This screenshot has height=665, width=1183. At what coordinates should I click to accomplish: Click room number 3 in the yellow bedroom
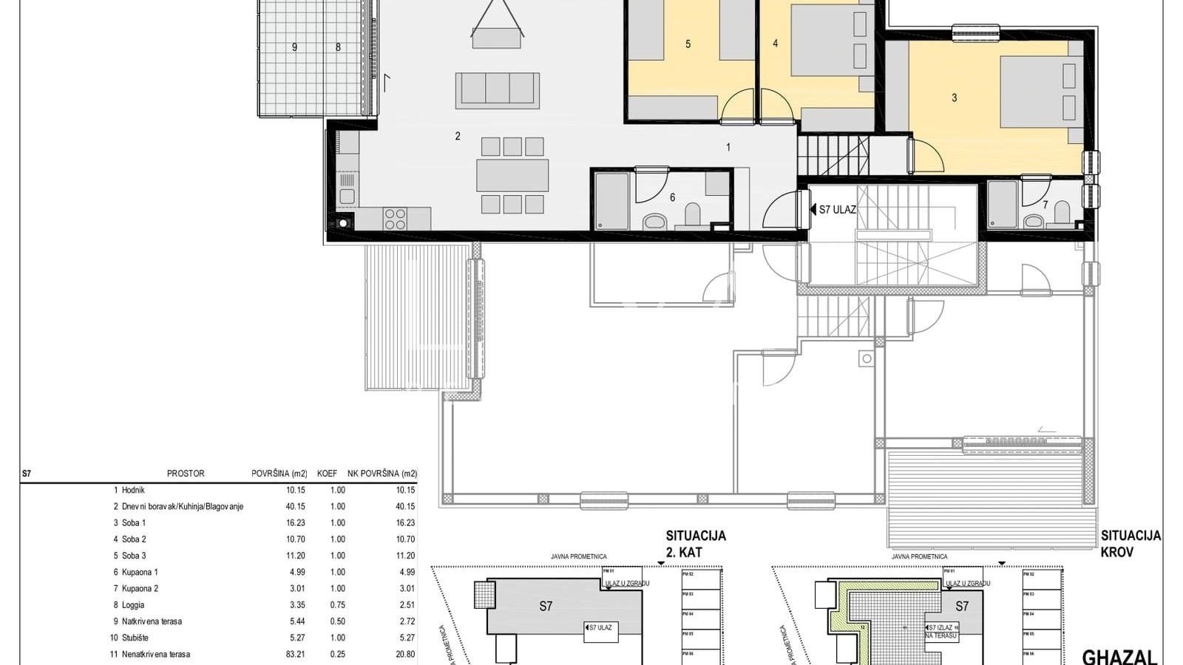pos(954,98)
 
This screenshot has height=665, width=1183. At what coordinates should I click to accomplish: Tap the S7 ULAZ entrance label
pos(837,210)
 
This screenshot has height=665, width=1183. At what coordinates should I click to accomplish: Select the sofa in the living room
pos(497,90)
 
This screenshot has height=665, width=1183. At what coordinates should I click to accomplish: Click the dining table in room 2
pos(512,176)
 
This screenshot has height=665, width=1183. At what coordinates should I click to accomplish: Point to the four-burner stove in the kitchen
pos(395,219)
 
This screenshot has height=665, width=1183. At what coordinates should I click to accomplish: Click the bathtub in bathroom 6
pos(611,200)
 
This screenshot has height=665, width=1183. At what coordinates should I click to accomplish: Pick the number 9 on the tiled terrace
pos(294,47)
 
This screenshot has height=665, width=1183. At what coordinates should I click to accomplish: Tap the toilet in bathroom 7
pos(1062,214)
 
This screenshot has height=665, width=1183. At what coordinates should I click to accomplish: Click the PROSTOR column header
pos(186,474)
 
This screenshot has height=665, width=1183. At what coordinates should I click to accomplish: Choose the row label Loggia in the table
pos(133,605)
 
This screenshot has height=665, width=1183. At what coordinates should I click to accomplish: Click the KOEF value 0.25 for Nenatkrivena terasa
pos(337,655)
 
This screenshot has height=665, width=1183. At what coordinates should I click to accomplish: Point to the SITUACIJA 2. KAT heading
pos(695,544)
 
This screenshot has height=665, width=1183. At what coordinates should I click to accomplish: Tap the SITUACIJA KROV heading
pos(1131,544)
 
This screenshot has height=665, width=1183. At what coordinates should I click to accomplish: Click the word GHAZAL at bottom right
pos(1119,656)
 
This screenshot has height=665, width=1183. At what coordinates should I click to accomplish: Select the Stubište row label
pos(135,638)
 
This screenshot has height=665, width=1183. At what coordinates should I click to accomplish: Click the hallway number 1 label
pos(728,147)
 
